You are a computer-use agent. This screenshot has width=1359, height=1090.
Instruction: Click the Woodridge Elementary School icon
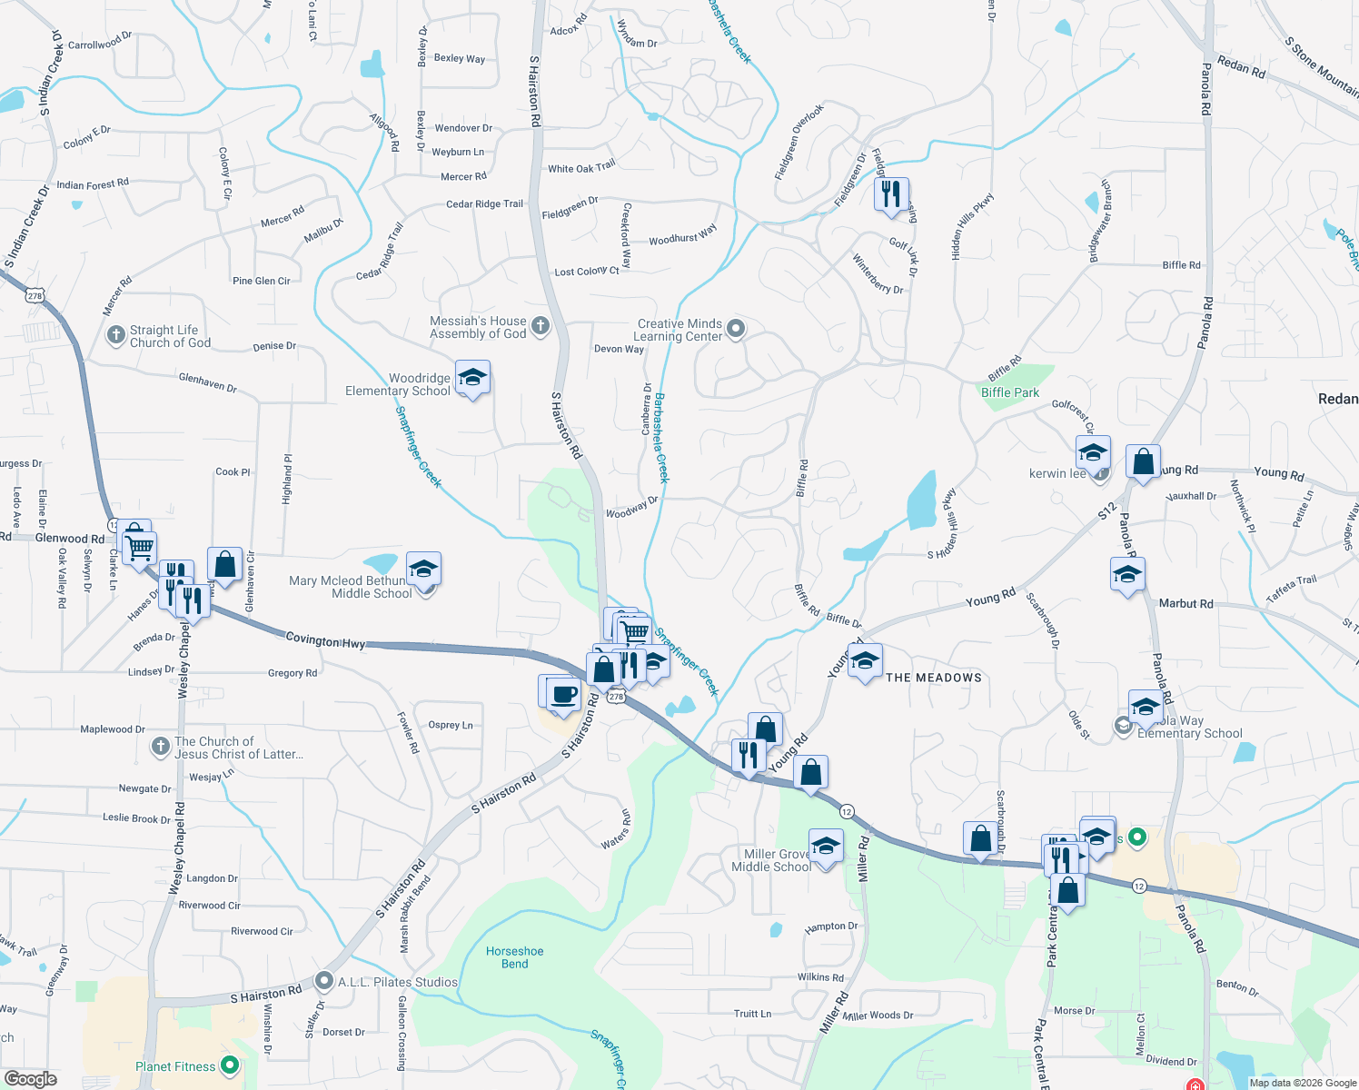pos(472,378)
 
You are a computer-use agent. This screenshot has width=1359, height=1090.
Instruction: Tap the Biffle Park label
pos(1010,392)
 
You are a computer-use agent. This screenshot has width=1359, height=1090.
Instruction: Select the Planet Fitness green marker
pos(230,1065)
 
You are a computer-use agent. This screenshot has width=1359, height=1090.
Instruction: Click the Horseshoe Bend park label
pos(514,957)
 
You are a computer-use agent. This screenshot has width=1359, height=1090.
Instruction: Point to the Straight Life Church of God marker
pos(116,335)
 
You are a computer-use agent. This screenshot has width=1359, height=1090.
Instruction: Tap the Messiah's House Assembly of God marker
pos(541,326)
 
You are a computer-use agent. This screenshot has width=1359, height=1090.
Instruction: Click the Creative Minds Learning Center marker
pos(736,328)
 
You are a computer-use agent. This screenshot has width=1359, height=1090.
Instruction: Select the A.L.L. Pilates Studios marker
pos(324,981)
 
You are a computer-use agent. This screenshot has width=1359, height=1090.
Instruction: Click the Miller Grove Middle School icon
pos(826,847)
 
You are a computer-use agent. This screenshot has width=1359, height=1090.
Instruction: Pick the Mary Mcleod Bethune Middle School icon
pos(423,570)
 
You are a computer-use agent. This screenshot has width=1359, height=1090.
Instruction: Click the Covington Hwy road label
pos(325,641)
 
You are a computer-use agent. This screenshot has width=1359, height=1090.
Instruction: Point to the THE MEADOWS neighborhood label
pos(934,678)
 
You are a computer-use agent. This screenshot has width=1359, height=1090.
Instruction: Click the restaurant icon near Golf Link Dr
pos(891,194)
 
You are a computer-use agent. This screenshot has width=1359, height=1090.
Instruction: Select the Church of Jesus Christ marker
pos(161,747)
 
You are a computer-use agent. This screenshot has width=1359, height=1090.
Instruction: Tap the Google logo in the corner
pos(30,1078)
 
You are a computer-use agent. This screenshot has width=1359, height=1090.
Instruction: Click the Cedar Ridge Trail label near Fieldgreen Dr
pos(484,204)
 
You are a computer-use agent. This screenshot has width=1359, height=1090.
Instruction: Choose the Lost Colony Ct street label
pos(587,272)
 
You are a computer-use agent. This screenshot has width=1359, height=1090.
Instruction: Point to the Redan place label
pos(1337,399)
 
